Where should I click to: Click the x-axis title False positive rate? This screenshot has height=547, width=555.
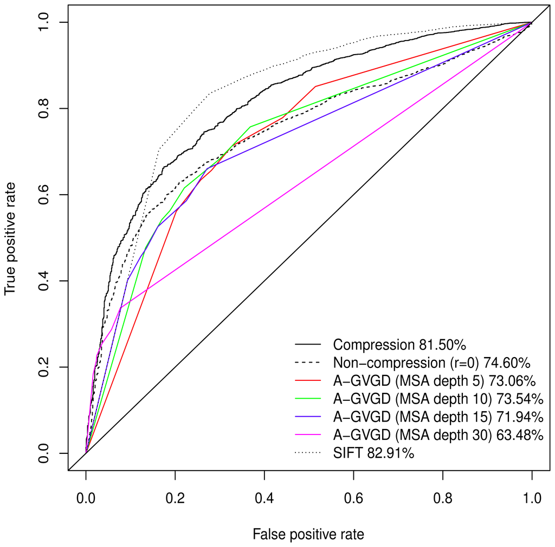tap(308, 535)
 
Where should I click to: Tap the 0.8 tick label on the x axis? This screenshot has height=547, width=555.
tap(443, 495)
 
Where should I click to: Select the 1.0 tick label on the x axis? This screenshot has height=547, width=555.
tap(532, 495)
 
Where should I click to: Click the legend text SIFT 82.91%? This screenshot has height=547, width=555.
tap(374, 453)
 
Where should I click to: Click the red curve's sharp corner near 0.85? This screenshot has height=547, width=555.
tap(315, 86)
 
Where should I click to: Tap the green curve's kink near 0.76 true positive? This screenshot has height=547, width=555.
tap(250, 127)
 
